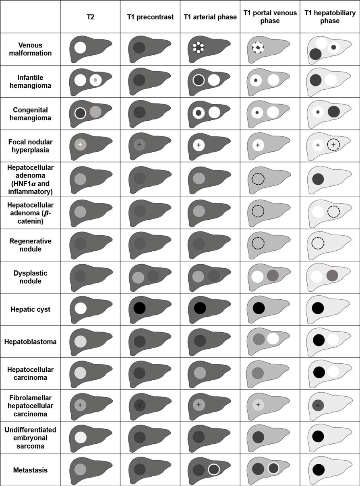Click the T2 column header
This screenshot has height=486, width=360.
point(90,17)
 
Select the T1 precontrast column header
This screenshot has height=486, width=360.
point(150,17)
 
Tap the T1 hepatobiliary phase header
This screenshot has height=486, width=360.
point(330,17)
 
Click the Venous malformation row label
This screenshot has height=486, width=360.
point(30,49)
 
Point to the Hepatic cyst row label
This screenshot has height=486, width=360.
point(30,309)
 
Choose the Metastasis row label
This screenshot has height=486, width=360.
point(30,470)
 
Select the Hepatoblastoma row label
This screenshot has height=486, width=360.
point(30,342)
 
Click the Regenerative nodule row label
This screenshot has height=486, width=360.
point(30,245)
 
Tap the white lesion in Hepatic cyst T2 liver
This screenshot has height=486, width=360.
point(81,308)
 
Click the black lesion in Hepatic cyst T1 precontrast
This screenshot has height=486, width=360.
point(139,308)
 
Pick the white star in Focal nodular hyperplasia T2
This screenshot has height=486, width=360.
point(80,144)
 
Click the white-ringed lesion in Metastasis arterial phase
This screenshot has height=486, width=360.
point(214,469)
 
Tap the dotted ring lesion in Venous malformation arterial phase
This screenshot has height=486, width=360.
point(199,47)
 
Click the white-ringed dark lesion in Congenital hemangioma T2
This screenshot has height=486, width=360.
point(80,113)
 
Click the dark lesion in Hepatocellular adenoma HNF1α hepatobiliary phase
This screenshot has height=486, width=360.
point(318,179)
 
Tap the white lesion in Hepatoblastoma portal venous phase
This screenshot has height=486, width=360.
point(273,338)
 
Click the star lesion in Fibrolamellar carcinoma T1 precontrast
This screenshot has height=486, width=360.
point(139,405)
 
